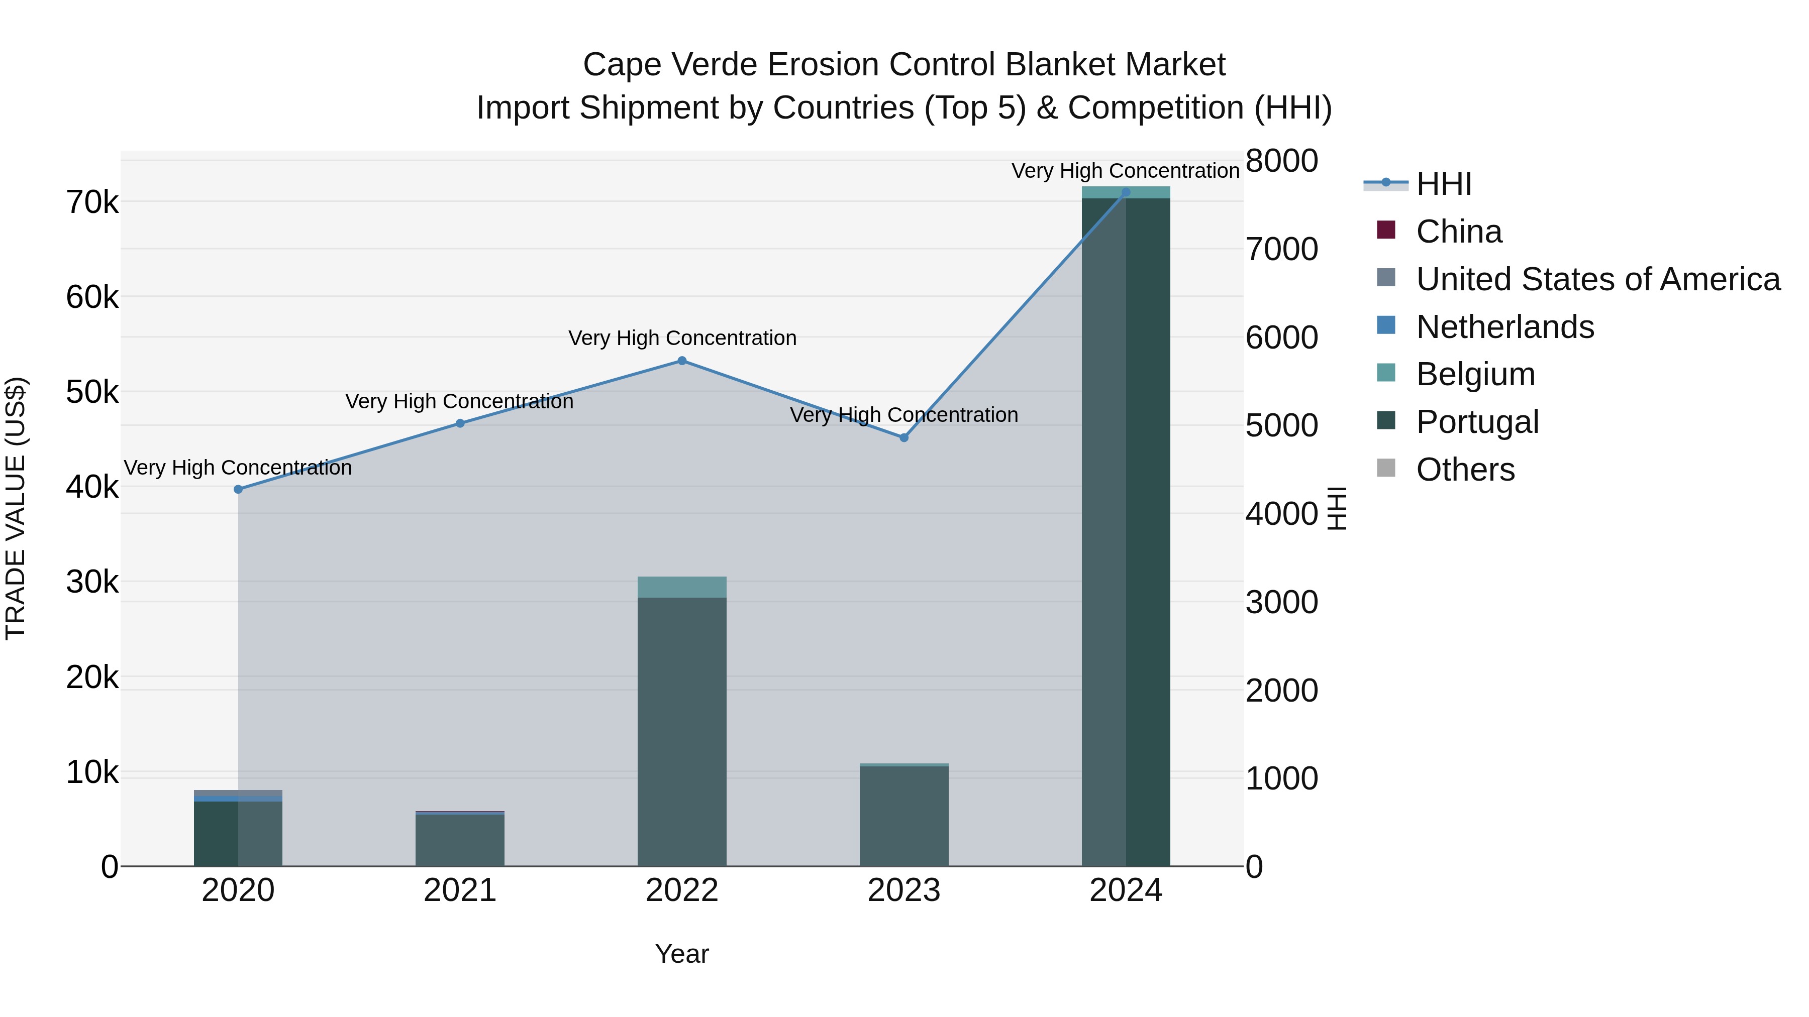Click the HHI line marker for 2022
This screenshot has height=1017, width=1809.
681,361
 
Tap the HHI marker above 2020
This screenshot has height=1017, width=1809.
238,489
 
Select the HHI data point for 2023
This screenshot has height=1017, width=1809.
904,438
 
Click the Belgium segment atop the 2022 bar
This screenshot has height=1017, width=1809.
681,587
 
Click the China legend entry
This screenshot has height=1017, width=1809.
1459,232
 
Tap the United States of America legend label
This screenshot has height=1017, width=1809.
1597,279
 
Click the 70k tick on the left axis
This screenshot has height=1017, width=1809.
92,203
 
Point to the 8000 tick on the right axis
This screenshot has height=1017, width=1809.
1281,161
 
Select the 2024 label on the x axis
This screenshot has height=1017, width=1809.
1125,890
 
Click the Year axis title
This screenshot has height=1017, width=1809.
681,954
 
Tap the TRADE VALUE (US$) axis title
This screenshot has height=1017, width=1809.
16,508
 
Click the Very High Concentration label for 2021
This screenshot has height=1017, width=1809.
459,401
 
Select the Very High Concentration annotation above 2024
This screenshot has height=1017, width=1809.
1125,171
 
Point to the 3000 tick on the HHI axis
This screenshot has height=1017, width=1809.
1281,602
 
